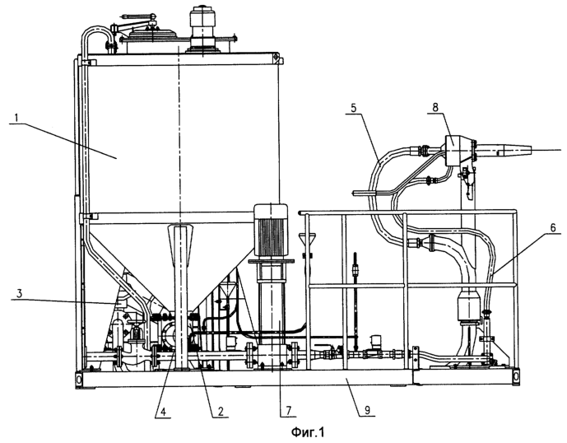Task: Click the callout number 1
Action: (16, 118)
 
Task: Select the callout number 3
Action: (20, 293)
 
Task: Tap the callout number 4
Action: (163, 412)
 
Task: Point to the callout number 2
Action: (221, 412)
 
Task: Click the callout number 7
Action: (289, 411)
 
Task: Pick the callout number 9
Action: (367, 410)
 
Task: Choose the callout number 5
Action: (353, 108)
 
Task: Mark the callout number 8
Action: (435, 107)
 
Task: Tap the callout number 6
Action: (553, 227)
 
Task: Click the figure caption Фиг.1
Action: (308, 431)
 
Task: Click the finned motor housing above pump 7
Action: (272, 231)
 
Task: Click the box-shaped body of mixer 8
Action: (454, 150)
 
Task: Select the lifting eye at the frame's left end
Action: (79, 379)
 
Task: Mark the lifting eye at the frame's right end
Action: (515, 377)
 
